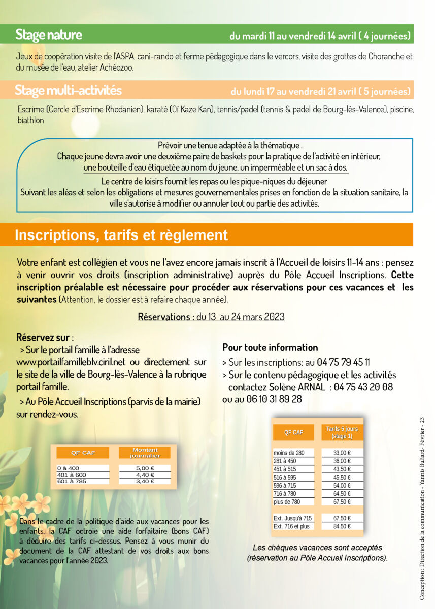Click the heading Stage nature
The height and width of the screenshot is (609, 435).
49,35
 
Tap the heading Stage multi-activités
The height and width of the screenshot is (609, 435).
68,91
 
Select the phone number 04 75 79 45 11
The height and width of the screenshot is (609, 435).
343,362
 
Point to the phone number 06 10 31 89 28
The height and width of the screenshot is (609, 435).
269,399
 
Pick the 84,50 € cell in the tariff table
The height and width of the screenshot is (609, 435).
342,526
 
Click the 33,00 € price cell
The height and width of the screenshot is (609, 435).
342,453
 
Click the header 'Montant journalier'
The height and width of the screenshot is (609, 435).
145,453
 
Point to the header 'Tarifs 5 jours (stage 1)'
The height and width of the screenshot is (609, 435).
342,432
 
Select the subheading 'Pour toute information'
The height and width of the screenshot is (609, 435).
270,348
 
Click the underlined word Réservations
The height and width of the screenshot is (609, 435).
162,317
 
